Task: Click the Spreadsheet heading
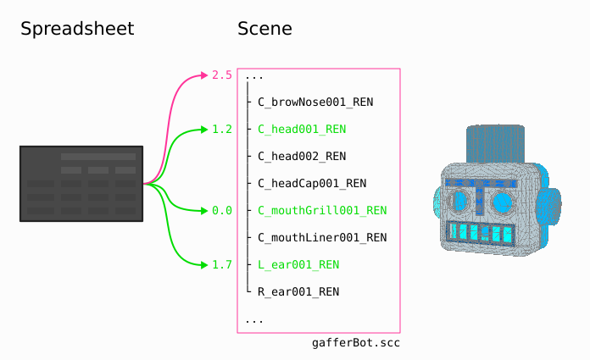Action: tap(77, 29)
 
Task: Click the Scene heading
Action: tap(264, 29)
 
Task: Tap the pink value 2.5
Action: tap(222, 75)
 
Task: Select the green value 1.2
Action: tap(222, 130)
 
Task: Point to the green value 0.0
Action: tap(222, 211)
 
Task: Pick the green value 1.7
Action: tap(222, 265)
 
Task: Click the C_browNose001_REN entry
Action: tap(315, 102)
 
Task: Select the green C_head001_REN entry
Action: tap(302, 130)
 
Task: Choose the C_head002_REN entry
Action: tap(302, 157)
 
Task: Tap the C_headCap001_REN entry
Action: tap(312, 184)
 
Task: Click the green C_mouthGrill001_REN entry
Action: tap(322, 211)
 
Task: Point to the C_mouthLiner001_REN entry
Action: tap(322, 238)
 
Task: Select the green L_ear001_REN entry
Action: tap(298, 265)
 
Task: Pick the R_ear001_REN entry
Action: tap(298, 292)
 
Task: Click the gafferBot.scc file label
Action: tap(356, 343)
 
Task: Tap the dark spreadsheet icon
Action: tap(81, 184)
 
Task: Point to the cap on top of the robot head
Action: tap(496, 143)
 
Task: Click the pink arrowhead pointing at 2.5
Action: tap(204, 75)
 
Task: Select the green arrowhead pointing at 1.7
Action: tap(204, 265)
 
